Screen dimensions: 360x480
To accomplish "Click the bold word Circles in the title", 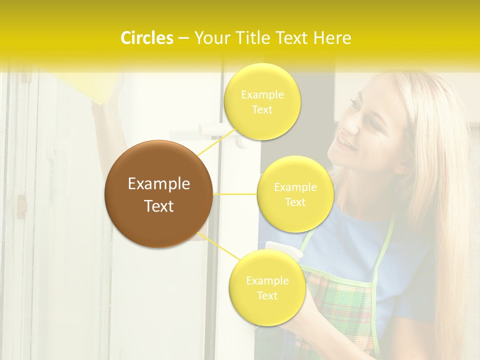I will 147,38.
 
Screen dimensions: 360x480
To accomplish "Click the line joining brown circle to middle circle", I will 235,194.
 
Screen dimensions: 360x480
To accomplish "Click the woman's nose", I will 350,126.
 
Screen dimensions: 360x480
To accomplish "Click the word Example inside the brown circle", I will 159,184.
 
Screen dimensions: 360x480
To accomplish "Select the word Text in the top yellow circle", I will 262,109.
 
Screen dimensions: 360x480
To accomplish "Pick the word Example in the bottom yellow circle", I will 267,280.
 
